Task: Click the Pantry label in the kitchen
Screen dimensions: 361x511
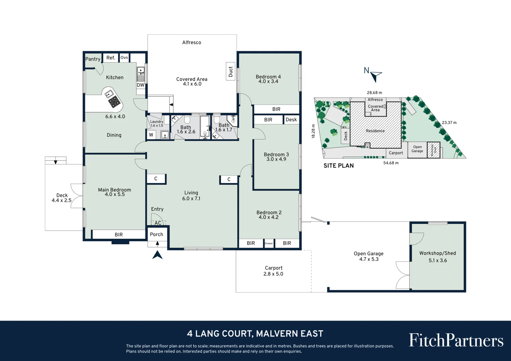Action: (x=93, y=59)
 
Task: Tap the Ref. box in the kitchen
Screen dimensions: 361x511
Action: (x=111, y=58)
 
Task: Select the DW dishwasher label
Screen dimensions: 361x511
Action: (x=140, y=85)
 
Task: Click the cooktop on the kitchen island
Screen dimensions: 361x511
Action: (x=114, y=102)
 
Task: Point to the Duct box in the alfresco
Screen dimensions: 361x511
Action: (x=230, y=71)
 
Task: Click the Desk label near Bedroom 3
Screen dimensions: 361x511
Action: (x=291, y=120)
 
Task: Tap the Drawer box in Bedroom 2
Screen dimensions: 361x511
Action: (x=269, y=243)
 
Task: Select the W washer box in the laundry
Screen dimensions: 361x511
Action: (x=151, y=135)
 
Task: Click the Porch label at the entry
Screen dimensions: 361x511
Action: (x=157, y=234)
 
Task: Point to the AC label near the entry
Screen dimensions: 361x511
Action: (x=158, y=223)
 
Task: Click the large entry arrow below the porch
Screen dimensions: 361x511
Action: (x=158, y=255)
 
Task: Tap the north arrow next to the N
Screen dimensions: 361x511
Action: (x=376, y=76)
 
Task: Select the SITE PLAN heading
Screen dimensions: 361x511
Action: (x=338, y=165)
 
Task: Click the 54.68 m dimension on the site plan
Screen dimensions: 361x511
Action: (x=391, y=163)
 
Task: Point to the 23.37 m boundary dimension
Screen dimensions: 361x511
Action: (x=449, y=123)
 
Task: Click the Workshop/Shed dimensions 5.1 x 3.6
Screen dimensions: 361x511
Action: (x=437, y=260)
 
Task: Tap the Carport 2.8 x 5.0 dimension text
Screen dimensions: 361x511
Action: (x=273, y=274)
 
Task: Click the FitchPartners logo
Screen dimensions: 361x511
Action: (x=456, y=340)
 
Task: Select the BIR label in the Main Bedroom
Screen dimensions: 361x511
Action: (x=119, y=235)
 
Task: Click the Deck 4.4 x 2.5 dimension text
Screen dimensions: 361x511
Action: (x=62, y=201)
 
